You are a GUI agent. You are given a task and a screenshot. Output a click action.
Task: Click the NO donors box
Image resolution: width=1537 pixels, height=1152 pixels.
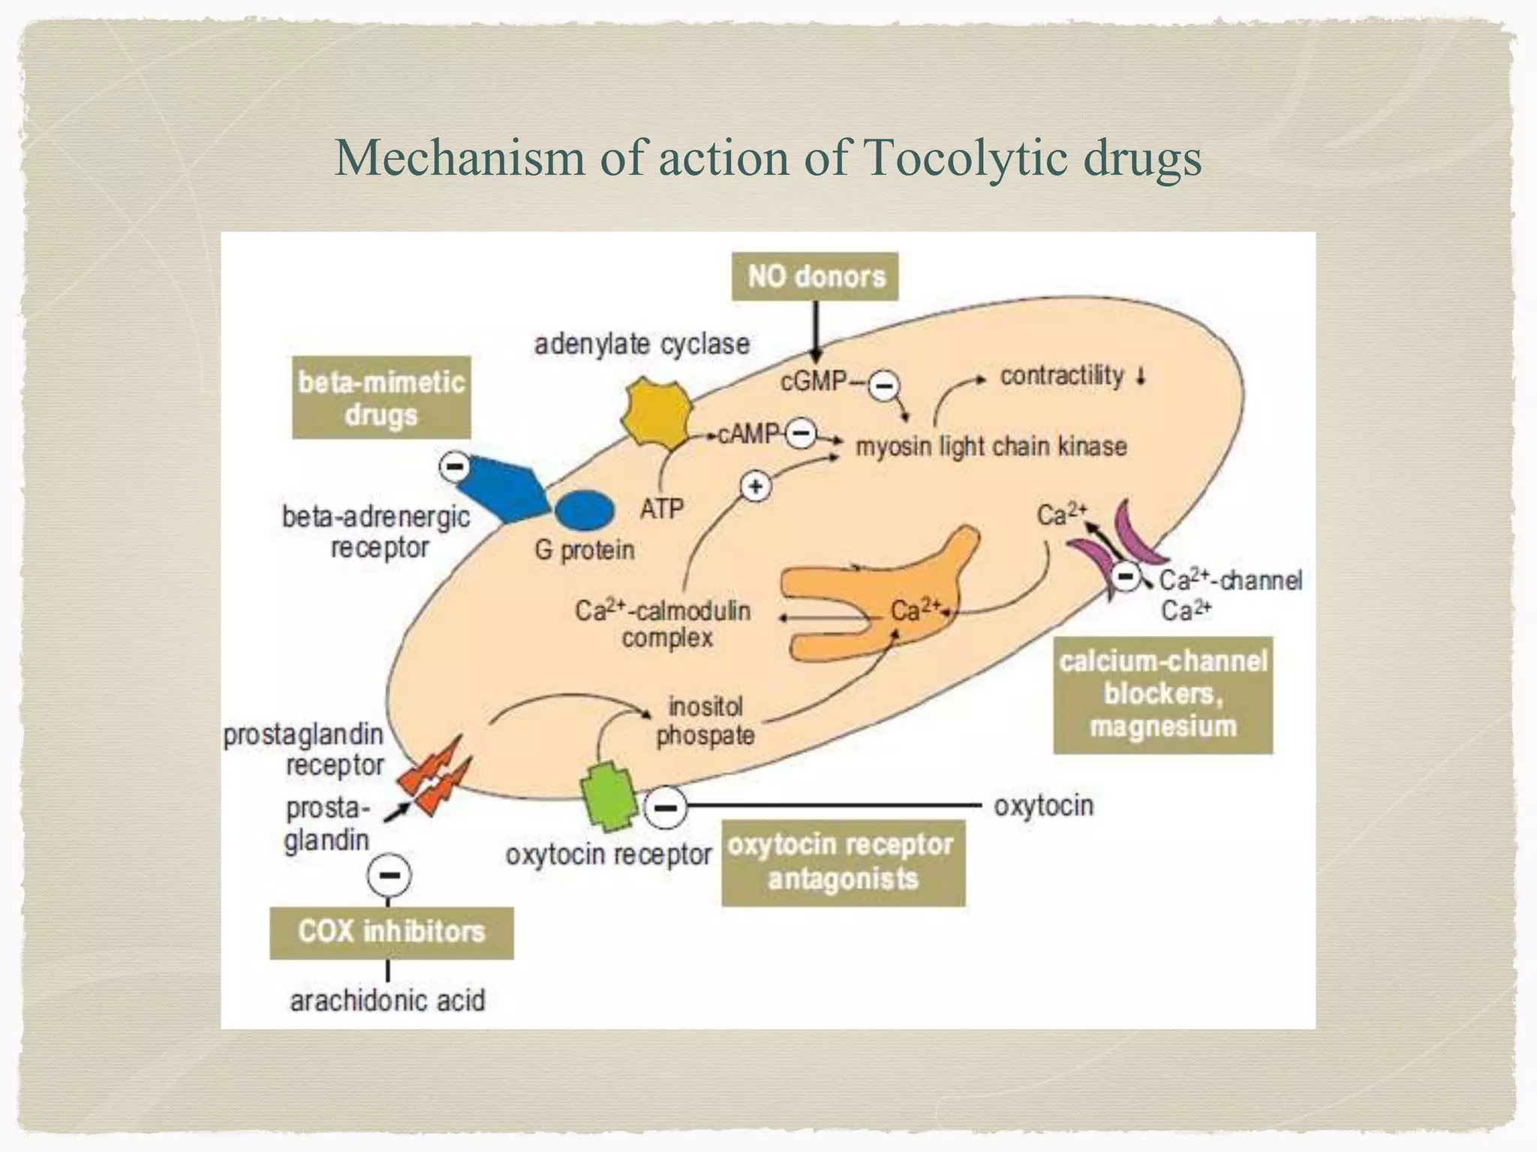[816, 277]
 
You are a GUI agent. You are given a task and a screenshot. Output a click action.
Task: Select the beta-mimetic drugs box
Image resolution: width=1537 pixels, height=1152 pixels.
[381, 398]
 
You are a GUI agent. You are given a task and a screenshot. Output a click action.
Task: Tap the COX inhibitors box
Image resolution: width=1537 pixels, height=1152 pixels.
[392, 932]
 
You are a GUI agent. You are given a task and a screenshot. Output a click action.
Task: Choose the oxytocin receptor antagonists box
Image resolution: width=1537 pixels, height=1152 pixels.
[843, 862]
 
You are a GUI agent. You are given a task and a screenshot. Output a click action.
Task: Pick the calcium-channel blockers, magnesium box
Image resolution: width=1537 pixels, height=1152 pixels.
[1163, 694]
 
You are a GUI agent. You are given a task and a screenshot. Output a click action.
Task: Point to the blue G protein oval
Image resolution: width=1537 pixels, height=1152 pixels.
[585, 510]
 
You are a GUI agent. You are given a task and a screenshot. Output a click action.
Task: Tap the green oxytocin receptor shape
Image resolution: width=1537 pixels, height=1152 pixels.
[609, 796]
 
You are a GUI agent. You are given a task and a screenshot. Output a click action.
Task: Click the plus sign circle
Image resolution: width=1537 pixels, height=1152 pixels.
[756, 487]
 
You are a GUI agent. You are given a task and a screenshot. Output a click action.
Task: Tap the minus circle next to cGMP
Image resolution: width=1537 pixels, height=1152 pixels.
[884, 386]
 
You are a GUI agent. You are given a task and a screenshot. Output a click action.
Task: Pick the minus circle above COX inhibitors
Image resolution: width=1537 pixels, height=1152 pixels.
[390, 875]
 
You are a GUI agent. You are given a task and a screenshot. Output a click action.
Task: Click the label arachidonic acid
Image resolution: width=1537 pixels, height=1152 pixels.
[387, 1000]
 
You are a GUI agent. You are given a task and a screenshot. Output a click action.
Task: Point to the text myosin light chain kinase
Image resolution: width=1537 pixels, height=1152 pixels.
[991, 447]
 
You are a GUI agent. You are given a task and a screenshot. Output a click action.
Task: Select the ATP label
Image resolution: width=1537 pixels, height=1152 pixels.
[662, 509]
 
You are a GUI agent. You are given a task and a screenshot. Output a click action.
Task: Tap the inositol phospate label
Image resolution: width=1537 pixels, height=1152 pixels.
[705, 721]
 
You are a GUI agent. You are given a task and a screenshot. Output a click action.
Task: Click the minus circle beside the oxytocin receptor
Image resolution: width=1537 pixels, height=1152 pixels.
[665, 808]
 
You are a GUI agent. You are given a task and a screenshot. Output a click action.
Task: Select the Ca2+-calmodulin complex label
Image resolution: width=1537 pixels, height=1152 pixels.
[663, 624]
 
